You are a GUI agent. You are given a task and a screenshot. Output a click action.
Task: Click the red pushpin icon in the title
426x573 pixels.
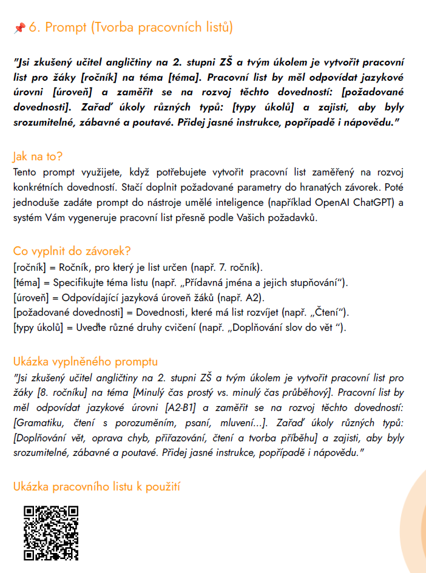19,28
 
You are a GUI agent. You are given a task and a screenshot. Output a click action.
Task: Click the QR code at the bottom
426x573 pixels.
52,532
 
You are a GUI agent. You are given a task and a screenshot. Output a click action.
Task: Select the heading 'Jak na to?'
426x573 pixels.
37,157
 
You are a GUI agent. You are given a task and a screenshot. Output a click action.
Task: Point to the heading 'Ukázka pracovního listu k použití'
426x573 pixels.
96,486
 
